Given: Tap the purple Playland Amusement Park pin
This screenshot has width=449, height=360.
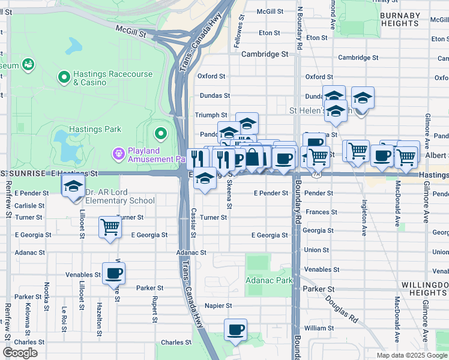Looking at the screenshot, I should [x=118, y=154].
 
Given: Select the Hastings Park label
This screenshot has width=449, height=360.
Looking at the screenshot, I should [x=95, y=129].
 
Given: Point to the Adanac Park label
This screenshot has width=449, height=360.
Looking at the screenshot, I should [x=269, y=280].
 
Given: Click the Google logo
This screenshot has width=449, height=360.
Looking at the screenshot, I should [x=20, y=353].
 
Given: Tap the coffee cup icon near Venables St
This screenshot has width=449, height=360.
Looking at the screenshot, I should [x=114, y=274].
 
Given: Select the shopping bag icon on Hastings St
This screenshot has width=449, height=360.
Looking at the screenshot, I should [x=253, y=158].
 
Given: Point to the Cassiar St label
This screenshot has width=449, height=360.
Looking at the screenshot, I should [x=193, y=221].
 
